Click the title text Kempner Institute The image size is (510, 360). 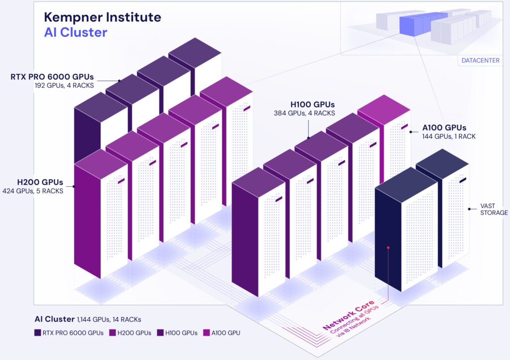[x=103, y=17]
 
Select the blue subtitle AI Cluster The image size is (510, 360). [x=76, y=33]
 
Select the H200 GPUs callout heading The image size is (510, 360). [x=39, y=182]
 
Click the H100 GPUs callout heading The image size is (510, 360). [x=312, y=105]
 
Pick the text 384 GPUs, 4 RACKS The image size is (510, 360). [x=304, y=113]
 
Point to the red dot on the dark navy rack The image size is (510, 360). [x=388, y=246]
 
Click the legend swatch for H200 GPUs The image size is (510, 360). [x=112, y=333]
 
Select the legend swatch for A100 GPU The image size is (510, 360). [x=206, y=333]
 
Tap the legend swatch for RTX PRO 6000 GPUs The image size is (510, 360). [x=38, y=333]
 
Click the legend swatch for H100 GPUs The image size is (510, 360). [x=160, y=333]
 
